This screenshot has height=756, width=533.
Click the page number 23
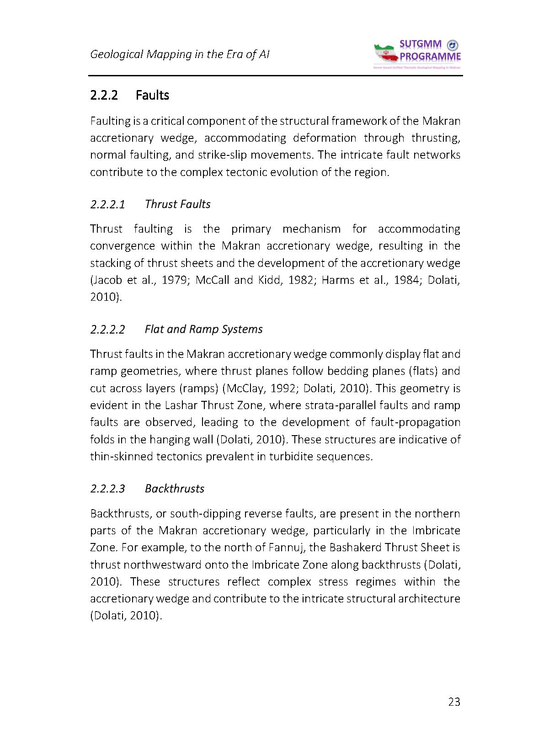pyautogui.click(x=454, y=702)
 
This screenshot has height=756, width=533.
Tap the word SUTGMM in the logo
pyautogui.click(x=420, y=44)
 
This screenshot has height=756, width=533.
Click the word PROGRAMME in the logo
pyautogui.click(x=430, y=57)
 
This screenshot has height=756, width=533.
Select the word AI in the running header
pyautogui.click(x=264, y=54)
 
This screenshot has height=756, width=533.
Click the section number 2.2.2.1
pyautogui.click(x=108, y=204)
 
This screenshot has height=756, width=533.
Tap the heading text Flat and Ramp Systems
pyautogui.click(x=203, y=330)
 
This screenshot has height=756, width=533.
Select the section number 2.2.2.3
pyautogui.click(x=108, y=489)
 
